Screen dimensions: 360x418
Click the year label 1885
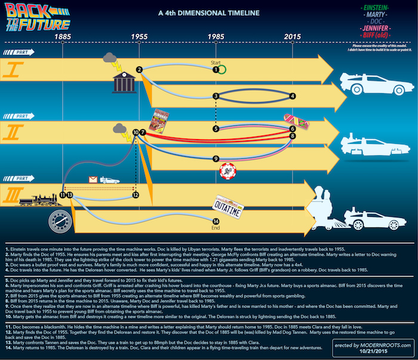(x=63, y=36)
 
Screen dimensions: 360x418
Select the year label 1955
(x=139, y=36)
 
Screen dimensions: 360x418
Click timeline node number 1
(x=216, y=70)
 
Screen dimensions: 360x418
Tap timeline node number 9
(x=216, y=159)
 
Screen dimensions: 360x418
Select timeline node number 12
(x=136, y=195)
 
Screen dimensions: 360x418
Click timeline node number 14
(x=216, y=221)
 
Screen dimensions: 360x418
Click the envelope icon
(x=92, y=179)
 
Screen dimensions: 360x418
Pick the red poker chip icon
(x=226, y=172)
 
